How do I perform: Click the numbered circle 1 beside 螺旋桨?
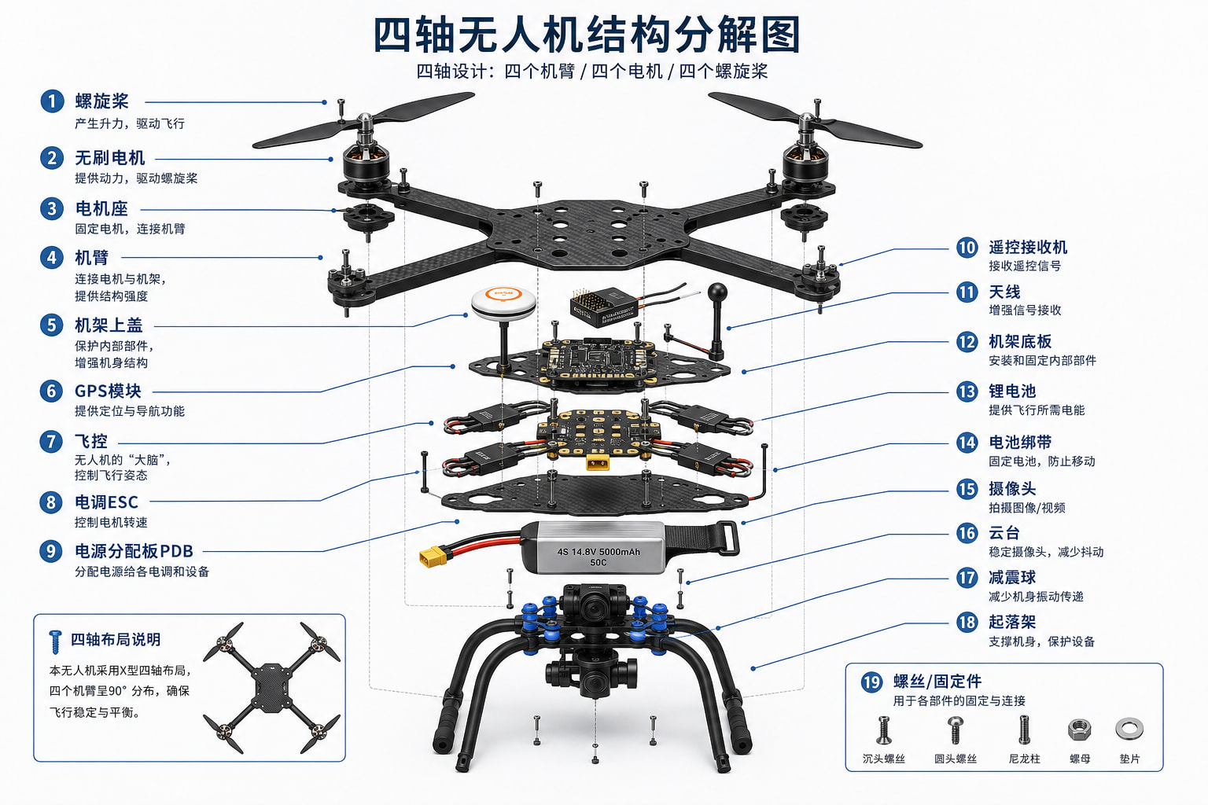52,101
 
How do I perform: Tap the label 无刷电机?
110,158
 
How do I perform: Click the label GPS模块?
108,391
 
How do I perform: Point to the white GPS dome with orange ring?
503,303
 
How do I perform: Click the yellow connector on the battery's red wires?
433,557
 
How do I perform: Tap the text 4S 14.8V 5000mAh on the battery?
598,552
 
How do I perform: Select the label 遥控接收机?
1028,248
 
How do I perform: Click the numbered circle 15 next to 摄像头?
967,489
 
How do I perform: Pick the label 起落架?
1012,622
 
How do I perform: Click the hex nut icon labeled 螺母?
1079,730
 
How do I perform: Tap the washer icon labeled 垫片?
1129,729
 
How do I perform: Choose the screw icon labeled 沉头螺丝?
883,730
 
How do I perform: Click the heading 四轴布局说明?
116,639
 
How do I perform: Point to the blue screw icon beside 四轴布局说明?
55,641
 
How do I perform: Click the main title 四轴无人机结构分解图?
587,35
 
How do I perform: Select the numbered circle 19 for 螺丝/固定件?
871,682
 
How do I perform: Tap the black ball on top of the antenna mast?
717,292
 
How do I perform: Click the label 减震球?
1012,578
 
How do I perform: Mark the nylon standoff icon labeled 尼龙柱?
1024,730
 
